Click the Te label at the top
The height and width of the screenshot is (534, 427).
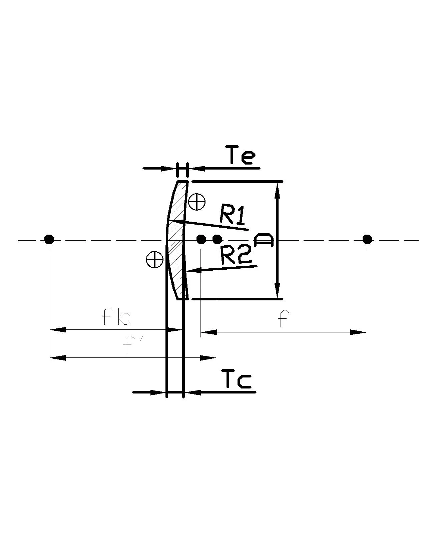242,155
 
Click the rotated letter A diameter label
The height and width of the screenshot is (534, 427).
264,240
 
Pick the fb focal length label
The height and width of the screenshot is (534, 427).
116,317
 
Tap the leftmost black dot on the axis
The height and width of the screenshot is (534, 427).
49,239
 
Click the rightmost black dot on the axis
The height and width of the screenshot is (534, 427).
367,239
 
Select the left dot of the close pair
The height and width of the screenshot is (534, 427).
201,239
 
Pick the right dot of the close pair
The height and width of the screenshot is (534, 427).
217,239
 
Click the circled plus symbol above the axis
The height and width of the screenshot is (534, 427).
197,202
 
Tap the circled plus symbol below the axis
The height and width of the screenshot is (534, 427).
154,259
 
